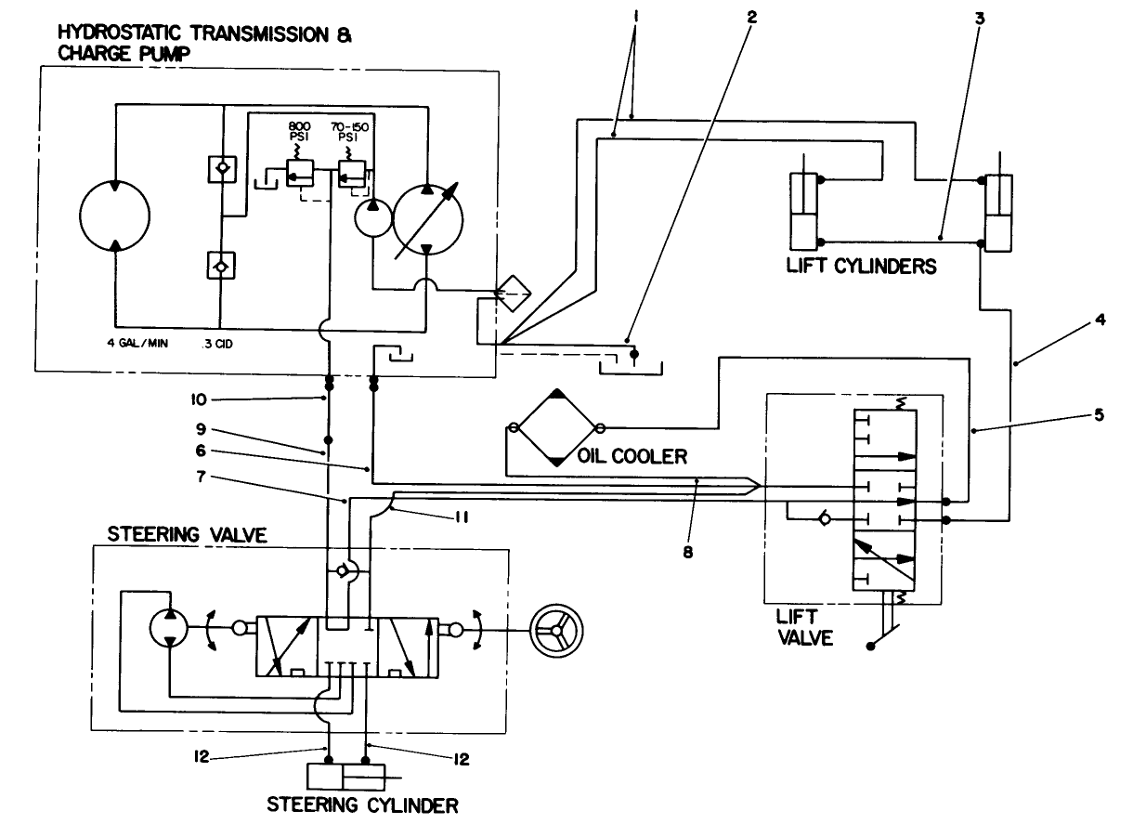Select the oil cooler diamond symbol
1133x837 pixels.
tap(555, 427)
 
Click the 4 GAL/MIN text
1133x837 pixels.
tap(137, 343)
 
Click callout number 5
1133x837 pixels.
tap(1098, 415)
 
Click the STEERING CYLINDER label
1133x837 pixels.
tap(361, 804)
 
